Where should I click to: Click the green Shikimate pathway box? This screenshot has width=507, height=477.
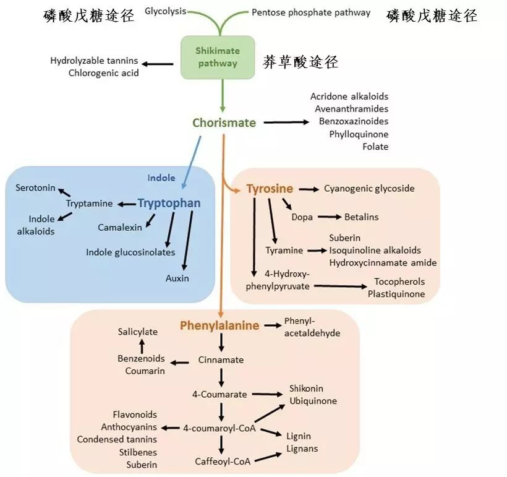point(217,57)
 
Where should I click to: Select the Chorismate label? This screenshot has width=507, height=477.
point(224,122)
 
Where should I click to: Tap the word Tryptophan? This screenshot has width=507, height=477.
point(169,204)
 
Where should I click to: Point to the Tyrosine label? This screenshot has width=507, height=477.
point(270,189)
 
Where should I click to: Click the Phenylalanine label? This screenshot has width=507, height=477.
point(219,325)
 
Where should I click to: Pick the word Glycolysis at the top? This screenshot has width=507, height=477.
point(165,12)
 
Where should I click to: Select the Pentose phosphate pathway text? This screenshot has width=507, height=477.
point(311,12)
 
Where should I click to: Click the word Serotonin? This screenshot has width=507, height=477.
point(35,187)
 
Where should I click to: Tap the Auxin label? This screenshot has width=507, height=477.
point(177,278)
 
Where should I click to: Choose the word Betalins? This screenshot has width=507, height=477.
point(362,217)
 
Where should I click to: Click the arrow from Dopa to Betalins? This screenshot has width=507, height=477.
point(330,217)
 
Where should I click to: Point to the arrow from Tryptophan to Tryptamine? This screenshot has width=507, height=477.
point(126,204)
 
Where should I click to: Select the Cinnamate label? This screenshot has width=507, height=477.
point(221,359)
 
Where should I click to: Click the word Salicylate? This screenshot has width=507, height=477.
point(138,332)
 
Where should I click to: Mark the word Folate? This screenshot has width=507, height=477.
point(375,147)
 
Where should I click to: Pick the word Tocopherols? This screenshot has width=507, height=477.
point(399,281)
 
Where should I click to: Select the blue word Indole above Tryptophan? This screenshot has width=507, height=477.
point(161,178)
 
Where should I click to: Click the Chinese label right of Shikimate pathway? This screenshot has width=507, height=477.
point(300,62)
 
